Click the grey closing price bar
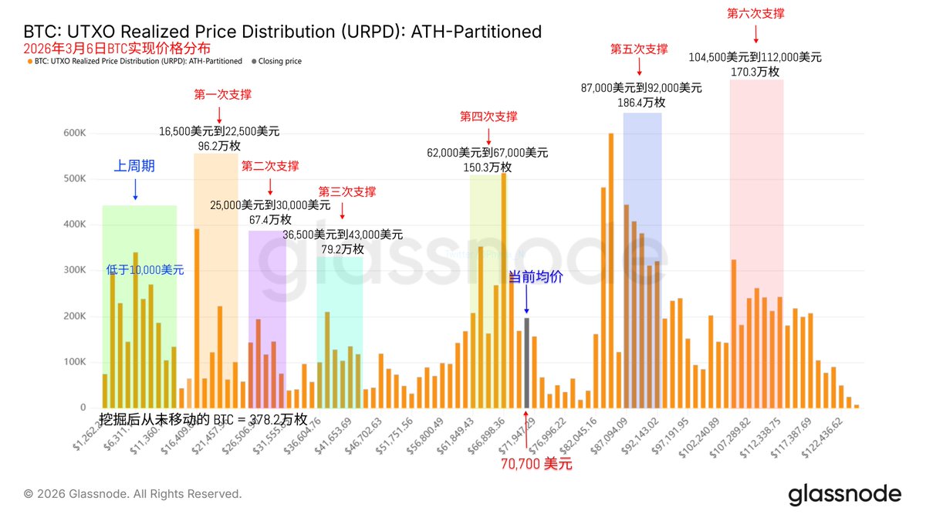point(526,363)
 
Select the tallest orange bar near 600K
point(610,270)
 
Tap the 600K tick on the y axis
point(75,133)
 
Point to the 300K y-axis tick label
point(75,270)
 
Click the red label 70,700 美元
point(537,464)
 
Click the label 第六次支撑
point(755,13)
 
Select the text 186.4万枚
point(641,102)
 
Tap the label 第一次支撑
point(222,94)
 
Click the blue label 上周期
point(135,165)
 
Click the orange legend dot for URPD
point(29,61)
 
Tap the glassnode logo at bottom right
point(844,495)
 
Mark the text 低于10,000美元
point(145,270)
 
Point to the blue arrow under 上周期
point(135,189)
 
